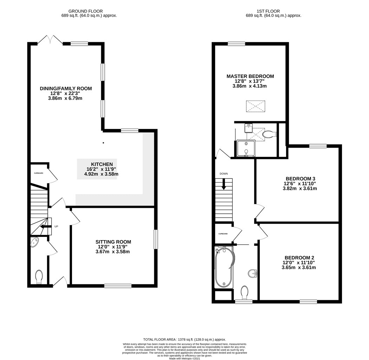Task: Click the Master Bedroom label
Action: click(250, 76)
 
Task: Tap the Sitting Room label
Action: click(113, 242)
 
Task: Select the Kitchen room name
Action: click(102, 164)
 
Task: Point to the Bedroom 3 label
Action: click(300, 179)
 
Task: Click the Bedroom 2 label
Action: click(299, 258)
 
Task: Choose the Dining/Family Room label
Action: click(66, 89)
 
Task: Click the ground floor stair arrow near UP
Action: click(46, 226)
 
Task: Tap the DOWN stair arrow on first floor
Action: click(224, 184)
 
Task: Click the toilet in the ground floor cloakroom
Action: click(39, 277)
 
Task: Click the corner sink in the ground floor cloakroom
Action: click(34, 242)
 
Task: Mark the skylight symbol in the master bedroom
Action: click(255, 106)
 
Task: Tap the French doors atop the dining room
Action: click(50, 40)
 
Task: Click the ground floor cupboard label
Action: click(39, 173)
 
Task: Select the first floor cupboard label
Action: click(223, 234)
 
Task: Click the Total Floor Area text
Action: click(184, 340)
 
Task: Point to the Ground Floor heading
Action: click(86, 11)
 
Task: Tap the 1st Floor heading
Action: click(268, 11)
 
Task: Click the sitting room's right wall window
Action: click(156, 239)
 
